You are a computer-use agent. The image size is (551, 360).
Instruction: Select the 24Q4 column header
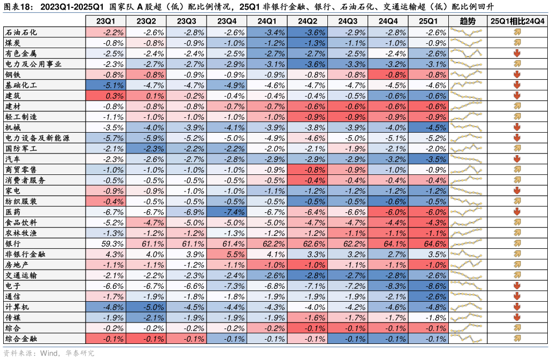pyautogui.click(x=388, y=21)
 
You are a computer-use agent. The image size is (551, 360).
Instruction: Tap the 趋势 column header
pyautogui.click(x=467, y=21)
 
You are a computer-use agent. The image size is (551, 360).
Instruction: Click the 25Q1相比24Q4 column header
pyautogui.click(x=517, y=21)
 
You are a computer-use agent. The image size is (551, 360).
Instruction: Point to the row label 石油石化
pyautogui.click(x=21, y=32)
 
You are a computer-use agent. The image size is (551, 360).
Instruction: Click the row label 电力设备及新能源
pyautogui.click(x=36, y=138)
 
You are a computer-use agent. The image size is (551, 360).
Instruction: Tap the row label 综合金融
pyautogui.click(x=21, y=339)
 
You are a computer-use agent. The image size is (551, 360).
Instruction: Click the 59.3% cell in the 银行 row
pyautogui.click(x=106, y=244)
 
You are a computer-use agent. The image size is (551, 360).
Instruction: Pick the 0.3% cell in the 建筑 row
pyautogui.click(x=106, y=96)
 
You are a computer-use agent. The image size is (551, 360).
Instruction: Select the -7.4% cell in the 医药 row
pyautogui.click(x=227, y=212)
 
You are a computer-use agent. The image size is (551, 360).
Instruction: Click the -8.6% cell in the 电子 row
pyautogui.click(x=428, y=286)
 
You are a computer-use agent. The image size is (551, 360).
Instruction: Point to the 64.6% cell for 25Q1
pyautogui.click(x=428, y=244)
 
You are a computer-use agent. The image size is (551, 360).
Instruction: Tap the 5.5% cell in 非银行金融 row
pyautogui.click(x=227, y=255)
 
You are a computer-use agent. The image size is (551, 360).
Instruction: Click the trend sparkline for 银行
pyautogui.click(x=467, y=244)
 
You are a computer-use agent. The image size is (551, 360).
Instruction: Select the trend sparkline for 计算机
pyautogui.click(x=467, y=308)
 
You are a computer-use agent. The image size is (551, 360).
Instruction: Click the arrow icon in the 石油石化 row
pyautogui.click(x=517, y=32)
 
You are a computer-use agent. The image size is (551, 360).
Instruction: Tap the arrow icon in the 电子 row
pyautogui.click(x=517, y=286)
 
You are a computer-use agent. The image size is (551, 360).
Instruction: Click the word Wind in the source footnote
pyautogui.click(x=49, y=354)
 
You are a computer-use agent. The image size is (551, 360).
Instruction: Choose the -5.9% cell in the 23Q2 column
pyautogui.click(x=146, y=138)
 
